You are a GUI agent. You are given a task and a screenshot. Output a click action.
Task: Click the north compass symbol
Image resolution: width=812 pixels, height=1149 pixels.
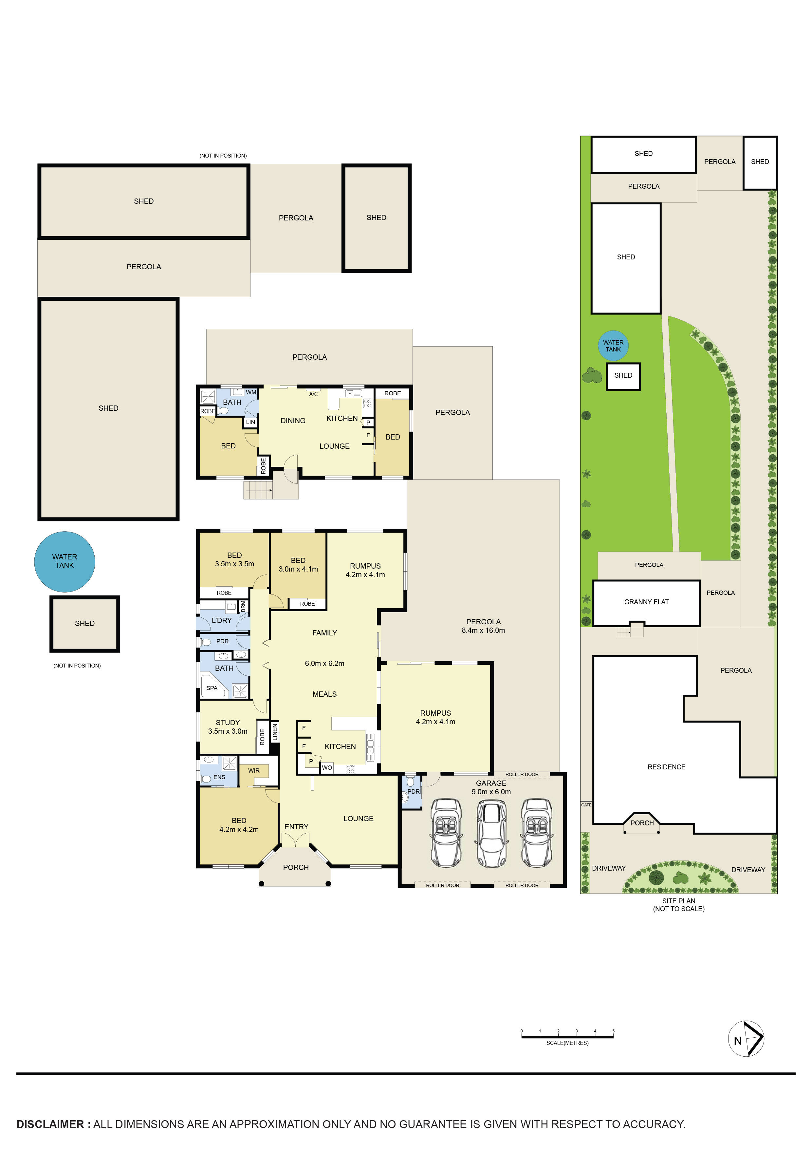tap(746, 1038)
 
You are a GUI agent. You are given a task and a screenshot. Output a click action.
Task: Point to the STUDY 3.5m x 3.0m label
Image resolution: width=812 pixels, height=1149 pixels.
tap(228, 726)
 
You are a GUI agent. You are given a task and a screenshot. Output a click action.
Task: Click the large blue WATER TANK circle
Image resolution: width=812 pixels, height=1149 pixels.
tap(65, 561)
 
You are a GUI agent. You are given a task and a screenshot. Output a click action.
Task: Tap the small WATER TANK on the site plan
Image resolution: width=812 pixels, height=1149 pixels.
tap(613, 346)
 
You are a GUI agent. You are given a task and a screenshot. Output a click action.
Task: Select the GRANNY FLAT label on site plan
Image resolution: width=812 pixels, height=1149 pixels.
tap(646, 602)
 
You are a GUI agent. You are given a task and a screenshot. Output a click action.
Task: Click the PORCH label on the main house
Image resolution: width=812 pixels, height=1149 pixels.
tap(296, 867)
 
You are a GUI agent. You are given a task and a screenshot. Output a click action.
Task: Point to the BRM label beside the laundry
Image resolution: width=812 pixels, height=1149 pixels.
tap(243, 607)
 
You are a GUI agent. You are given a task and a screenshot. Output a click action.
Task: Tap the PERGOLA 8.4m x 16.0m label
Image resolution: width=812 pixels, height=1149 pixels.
tap(483, 626)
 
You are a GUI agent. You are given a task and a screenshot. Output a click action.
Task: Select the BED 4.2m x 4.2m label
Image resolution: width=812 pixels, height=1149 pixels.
tap(239, 825)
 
